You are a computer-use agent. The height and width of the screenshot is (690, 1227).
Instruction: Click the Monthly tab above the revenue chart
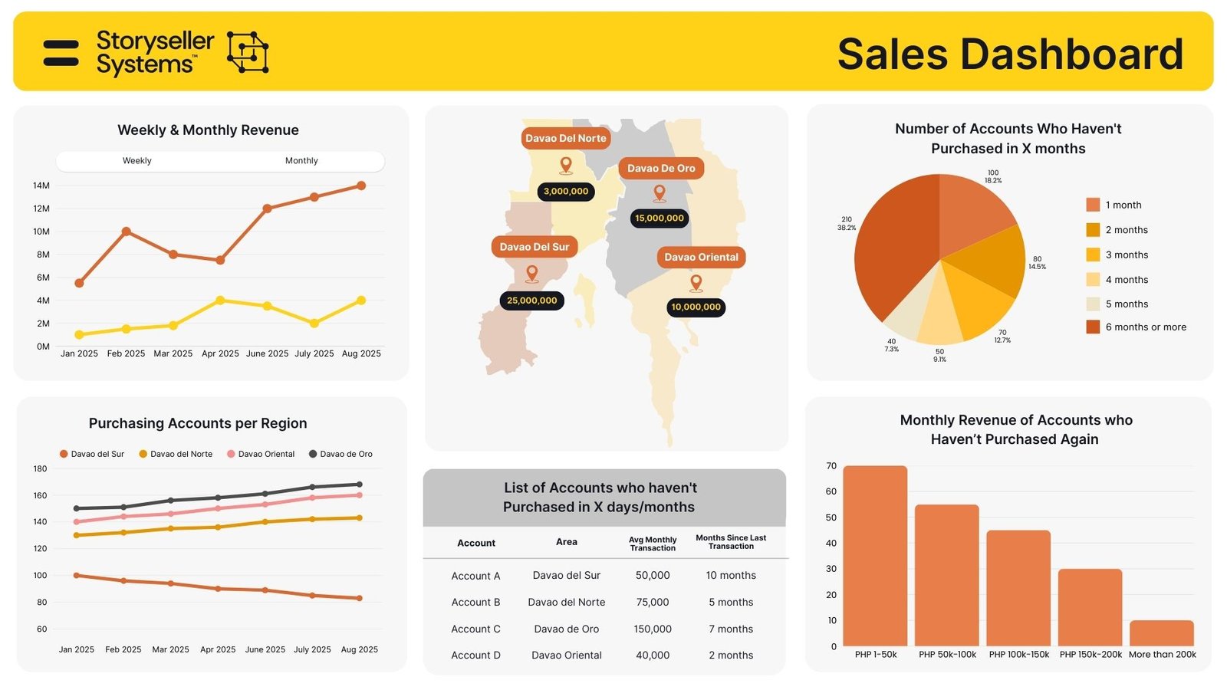(x=301, y=161)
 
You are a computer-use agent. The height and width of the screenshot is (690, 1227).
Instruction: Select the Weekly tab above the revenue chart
(x=137, y=161)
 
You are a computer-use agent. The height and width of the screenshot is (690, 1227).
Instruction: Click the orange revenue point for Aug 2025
(x=361, y=186)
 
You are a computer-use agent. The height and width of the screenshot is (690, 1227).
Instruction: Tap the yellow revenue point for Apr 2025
(x=220, y=301)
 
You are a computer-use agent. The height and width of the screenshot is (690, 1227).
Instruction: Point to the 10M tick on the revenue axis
(x=41, y=232)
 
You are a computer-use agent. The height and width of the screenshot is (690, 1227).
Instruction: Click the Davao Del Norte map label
(x=566, y=139)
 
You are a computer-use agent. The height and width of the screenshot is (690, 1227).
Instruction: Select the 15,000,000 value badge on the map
(x=660, y=219)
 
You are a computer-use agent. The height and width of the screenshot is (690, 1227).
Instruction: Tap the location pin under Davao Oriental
(x=696, y=282)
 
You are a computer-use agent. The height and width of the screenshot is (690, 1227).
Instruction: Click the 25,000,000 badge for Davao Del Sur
(x=531, y=301)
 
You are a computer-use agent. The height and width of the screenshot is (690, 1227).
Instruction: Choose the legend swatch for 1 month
(x=1093, y=205)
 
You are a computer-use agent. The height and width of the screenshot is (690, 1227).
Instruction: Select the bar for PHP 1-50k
(x=875, y=556)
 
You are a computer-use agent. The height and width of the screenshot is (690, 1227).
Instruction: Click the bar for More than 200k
(x=1162, y=633)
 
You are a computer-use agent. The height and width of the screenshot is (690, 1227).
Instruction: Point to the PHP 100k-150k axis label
(x=1019, y=655)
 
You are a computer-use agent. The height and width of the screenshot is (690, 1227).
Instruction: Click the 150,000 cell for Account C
(x=653, y=629)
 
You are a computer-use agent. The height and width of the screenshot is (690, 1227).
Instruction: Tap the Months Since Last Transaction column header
(x=731, y=542)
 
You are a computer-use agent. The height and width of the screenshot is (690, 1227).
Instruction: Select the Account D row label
(x=475, y=655)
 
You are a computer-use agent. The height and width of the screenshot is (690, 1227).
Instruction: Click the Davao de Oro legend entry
(x=340, y=454)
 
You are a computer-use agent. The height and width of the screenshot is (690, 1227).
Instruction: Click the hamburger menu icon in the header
(x=61, y=53)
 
